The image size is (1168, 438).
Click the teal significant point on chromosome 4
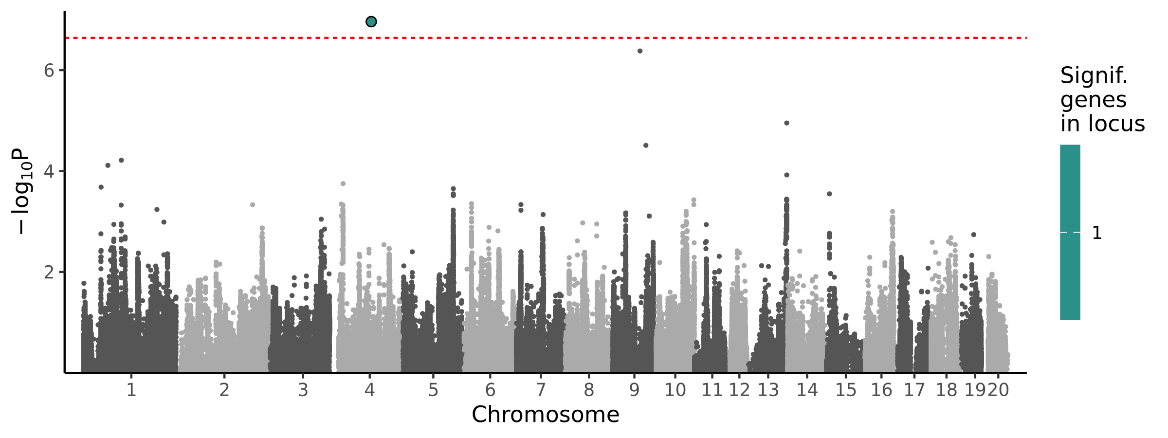pyautogui.click(x=371, y=21)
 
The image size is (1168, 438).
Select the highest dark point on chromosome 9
pyautogui.click(x=640, y=51)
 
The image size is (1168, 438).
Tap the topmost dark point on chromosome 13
pyautogui.click(x=786, y=123)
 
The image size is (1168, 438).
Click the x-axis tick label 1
pyautogui.click(x=131, y=390)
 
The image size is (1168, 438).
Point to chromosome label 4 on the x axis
pyautogui.click(x=369, y=390)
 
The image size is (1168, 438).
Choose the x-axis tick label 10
pyautogui.click(x=675, y=390)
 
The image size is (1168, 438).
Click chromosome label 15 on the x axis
pyautogui.click(x=846, y=390)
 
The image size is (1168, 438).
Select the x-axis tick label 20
pyautogui.click(x=999, y=390)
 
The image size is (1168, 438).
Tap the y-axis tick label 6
pyautogui.click(x=49, y=71)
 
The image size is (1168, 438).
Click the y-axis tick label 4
pyautogui.click(x=49, y=172)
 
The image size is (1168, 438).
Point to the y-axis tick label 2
pyautogui.click(x=49, y=273)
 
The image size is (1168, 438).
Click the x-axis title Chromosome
pyautogui.click(x=545, y=415)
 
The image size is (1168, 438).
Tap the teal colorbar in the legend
pyautogui.click(x=1070, y=232)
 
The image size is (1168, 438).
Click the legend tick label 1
pyautogui.click(x=1096, y=233)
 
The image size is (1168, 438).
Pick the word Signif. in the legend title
pyautogui.click(x=1094, y=76)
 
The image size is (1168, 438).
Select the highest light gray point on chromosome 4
pyautogui.click(x=343, y=183)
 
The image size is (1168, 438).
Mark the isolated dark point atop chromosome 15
pyautogui.click(x=829, y=194)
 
